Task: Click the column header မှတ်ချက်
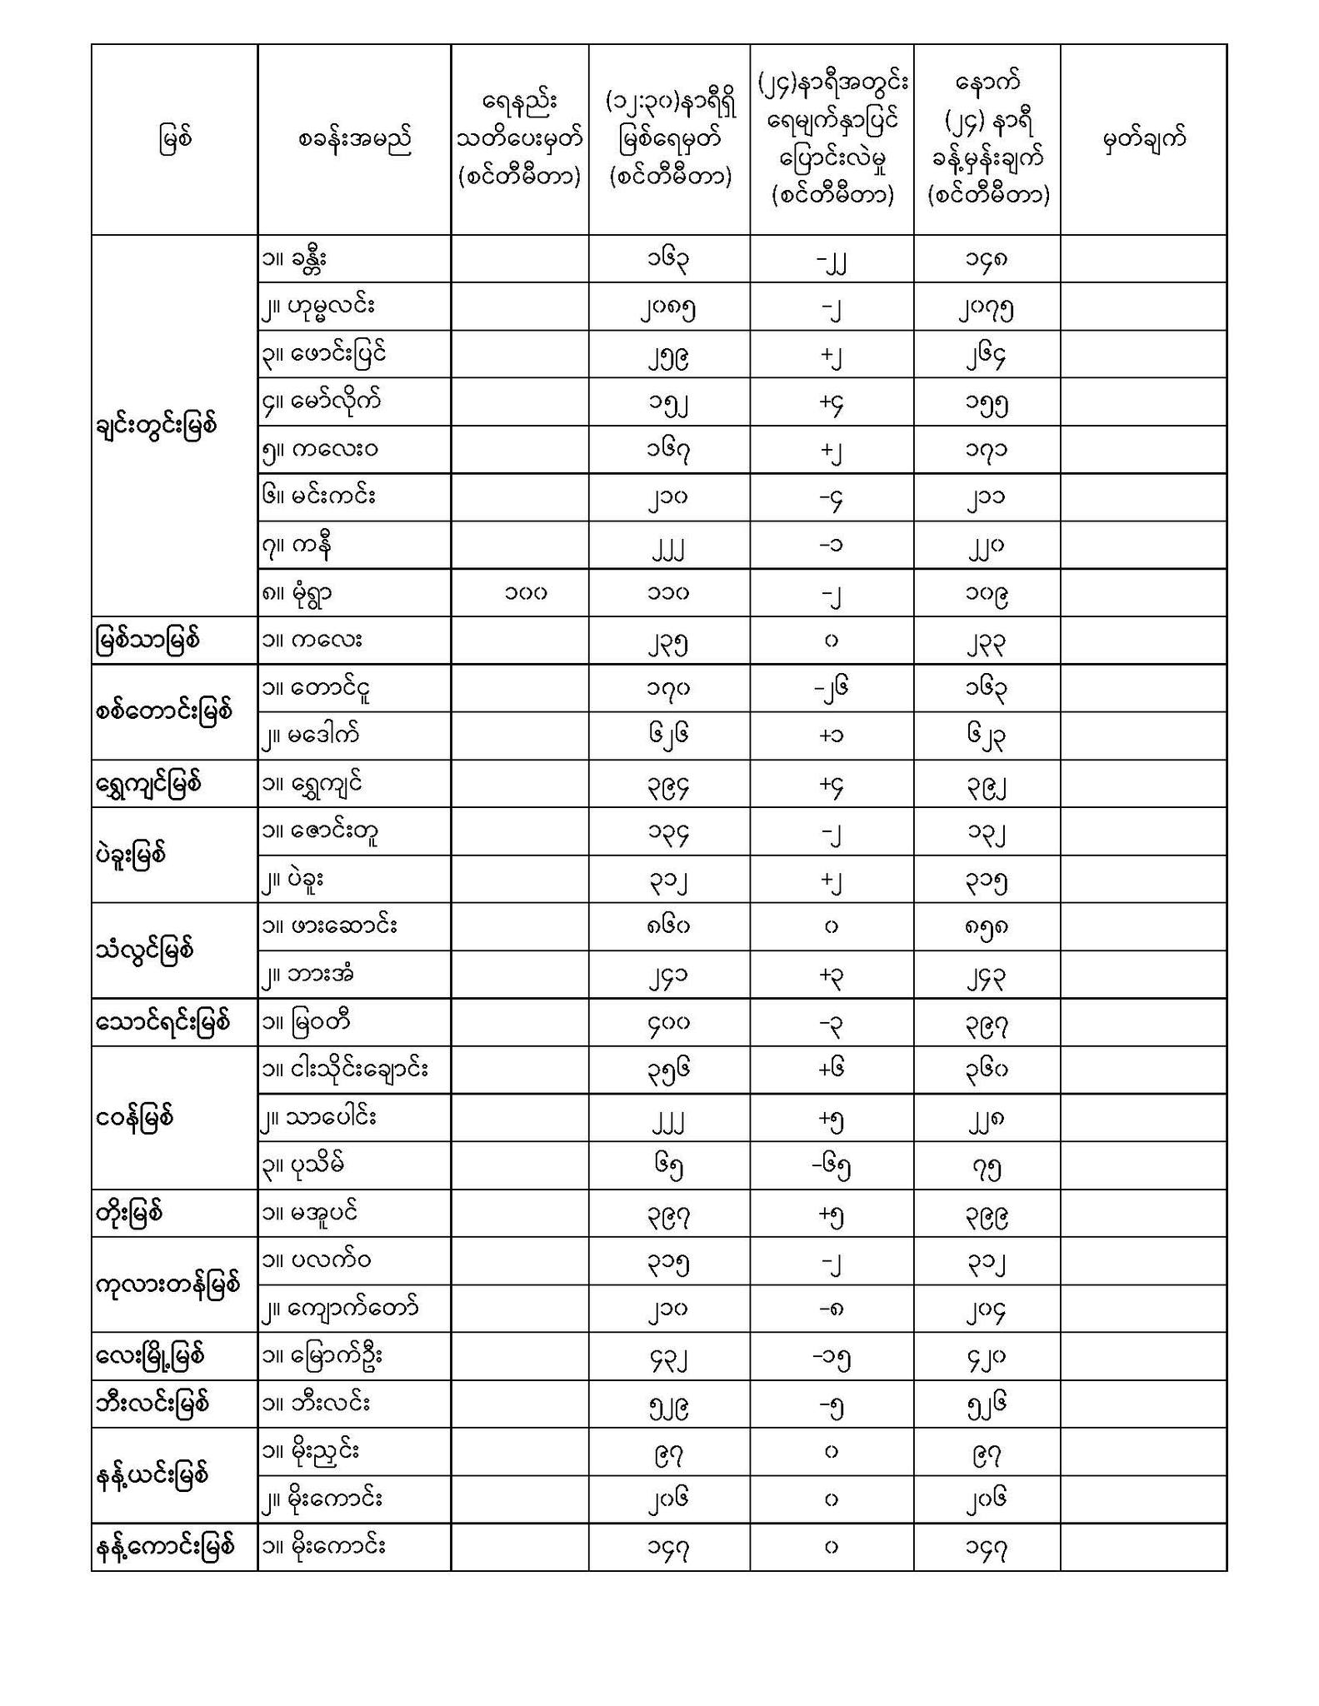point(1143,139)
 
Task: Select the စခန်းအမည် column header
point(354,139)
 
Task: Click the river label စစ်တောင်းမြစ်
point(163,712)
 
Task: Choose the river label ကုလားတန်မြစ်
point(168,1284)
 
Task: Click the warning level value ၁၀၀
point(525,593)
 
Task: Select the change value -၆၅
point(831,1165)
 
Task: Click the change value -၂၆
point(831,688)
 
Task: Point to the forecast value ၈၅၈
point(987,926)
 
